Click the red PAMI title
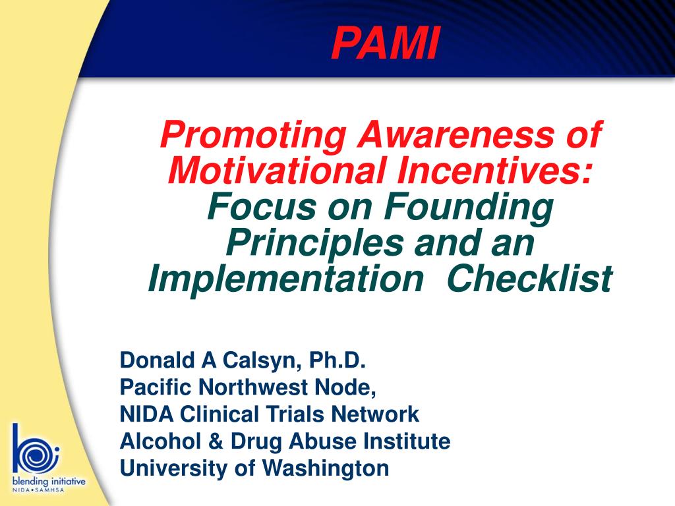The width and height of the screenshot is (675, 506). (386, 43)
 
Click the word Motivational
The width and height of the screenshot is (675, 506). (276, 171)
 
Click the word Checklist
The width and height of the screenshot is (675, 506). (529, 279)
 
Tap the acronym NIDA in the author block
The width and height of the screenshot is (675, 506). (146, 414)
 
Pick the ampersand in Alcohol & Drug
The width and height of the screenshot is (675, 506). (215, 441)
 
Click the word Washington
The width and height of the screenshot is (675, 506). (326, 469)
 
